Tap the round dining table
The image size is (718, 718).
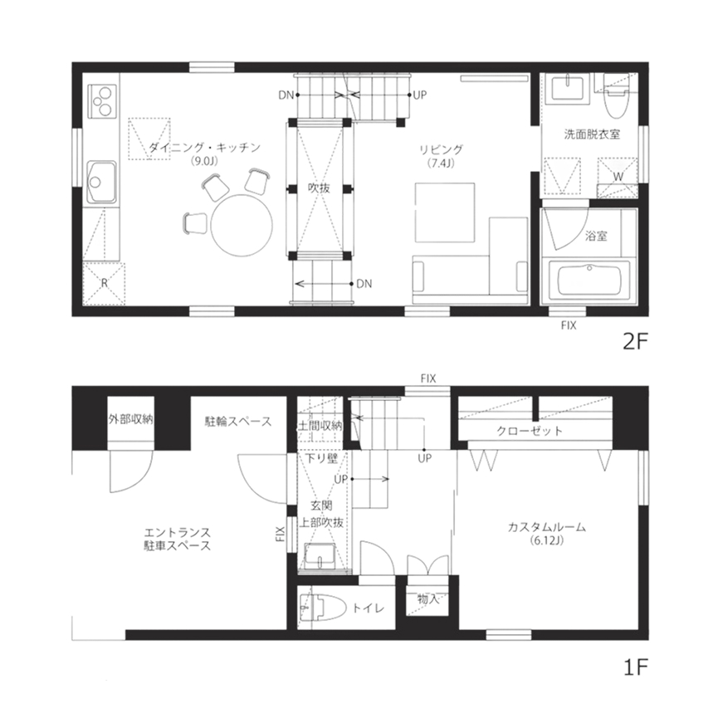tap(241, 226)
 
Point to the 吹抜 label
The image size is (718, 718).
tap(319, 188)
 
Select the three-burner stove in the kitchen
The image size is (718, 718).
tap(103, 101)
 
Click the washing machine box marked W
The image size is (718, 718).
tap(618, 176)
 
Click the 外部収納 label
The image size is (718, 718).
tap(130, 419)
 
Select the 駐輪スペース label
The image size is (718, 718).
tap(238, 422)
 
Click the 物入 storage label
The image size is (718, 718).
tap(428, 598)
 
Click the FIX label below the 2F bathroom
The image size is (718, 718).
tap(569, 325)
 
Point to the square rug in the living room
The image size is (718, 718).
tap(445, 211)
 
